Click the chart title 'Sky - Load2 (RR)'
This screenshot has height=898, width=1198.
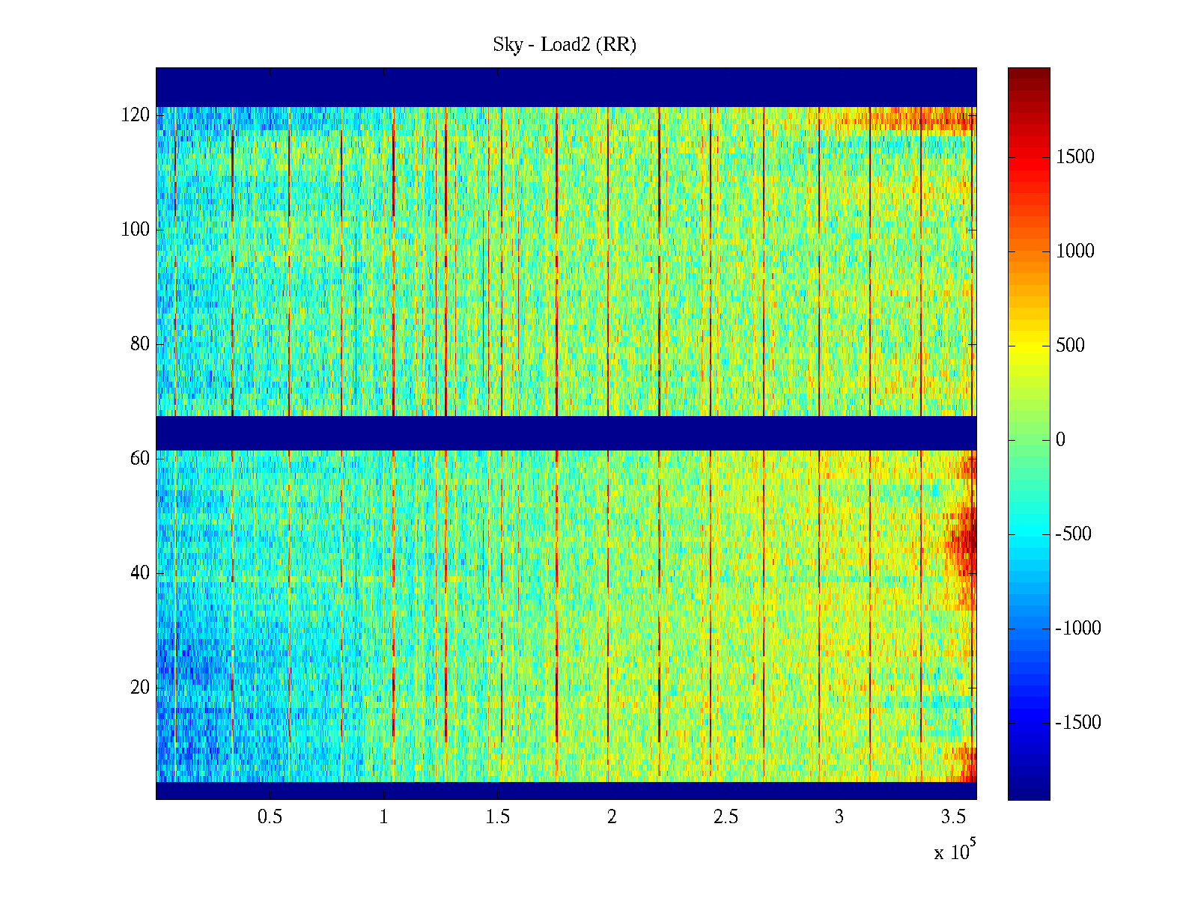click(x=565, y=45)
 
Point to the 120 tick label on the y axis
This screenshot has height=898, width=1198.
click(x=136, y=115)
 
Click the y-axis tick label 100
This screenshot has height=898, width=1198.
click(x=136, y=230)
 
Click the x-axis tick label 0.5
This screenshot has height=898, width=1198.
click(x=270, y=817)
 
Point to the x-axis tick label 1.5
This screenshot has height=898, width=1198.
click(x=498, y=817)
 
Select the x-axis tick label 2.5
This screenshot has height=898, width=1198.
click(x=726, y=817)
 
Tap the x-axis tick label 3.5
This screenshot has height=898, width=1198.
click(x=954, y=817)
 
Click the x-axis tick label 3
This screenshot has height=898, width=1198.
click(x=839, y=817)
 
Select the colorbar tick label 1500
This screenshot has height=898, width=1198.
click(x=1075, y=157)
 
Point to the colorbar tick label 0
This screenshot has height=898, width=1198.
click(x=1060, y=440)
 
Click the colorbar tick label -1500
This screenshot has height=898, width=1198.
click(x=1078, y=723)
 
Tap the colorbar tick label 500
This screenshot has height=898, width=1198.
click(x=1070, y=346)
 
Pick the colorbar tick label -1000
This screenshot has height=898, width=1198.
click(x=1078, y=629)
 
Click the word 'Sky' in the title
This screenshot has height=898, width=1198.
click(x=508, y=45)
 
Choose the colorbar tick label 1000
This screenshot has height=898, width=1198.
click(x=1075, y=251)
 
